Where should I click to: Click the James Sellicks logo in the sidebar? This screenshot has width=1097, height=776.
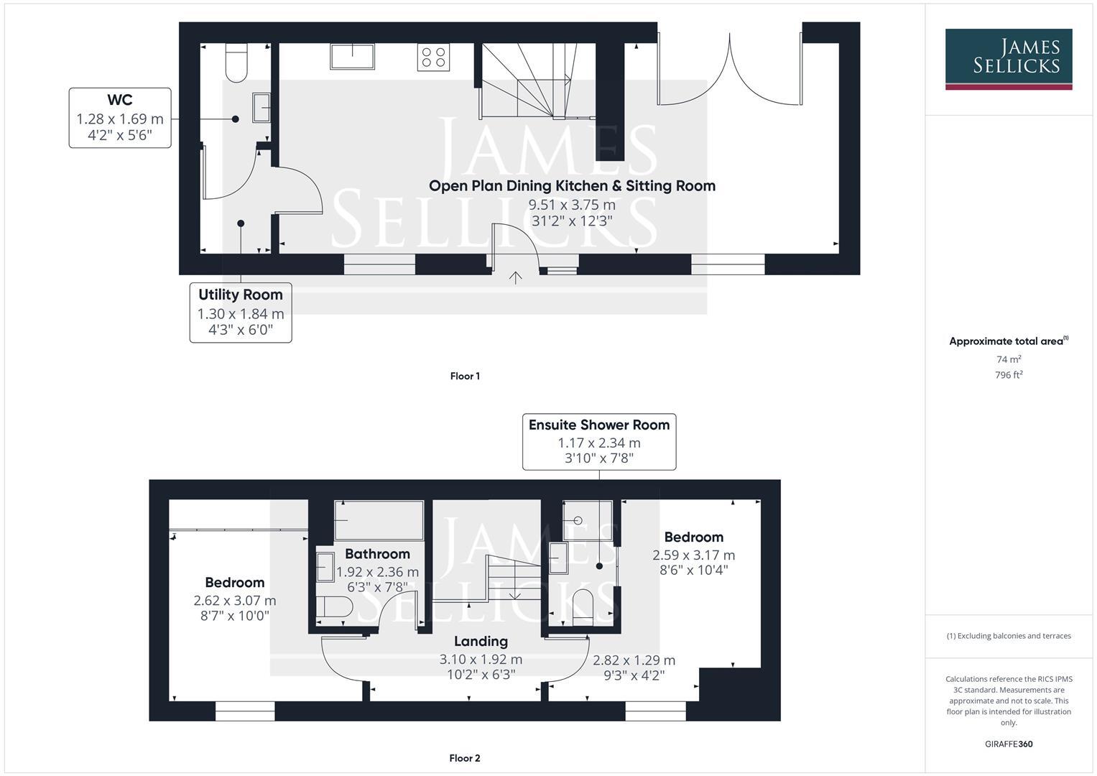(x=1008, y=59)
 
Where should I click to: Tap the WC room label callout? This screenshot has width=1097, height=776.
(x=120, y=118)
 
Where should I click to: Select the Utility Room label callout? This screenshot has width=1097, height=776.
(x=241, y=313)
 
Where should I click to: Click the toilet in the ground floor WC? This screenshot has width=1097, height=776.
(x=236, y=63)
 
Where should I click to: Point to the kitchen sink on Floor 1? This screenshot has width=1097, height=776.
(x=352, y=56)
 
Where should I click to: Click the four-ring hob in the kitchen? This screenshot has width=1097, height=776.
(x=433, y=57)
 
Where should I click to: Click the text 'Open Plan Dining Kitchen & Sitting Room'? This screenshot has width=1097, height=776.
(x=572, y=185)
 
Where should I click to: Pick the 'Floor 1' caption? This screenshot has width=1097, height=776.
(x=465, y=376)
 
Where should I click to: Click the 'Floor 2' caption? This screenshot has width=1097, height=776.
(x=465, y=758)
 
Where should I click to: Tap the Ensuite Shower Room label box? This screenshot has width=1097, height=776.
(x=599, y=441)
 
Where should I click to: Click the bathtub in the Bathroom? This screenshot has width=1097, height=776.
(x=379, y=519)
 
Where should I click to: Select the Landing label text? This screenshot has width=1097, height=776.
(x=481, y=641)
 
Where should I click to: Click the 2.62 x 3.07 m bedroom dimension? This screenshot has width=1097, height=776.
(x=235, y=601)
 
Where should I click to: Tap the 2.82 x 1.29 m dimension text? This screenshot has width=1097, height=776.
(x=633, y=660)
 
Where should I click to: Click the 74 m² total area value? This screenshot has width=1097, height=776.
(x=1009, y=359)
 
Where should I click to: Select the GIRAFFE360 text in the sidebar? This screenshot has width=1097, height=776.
(x=1009, y=744)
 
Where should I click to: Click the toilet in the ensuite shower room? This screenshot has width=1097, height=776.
(x=583, y=606)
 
